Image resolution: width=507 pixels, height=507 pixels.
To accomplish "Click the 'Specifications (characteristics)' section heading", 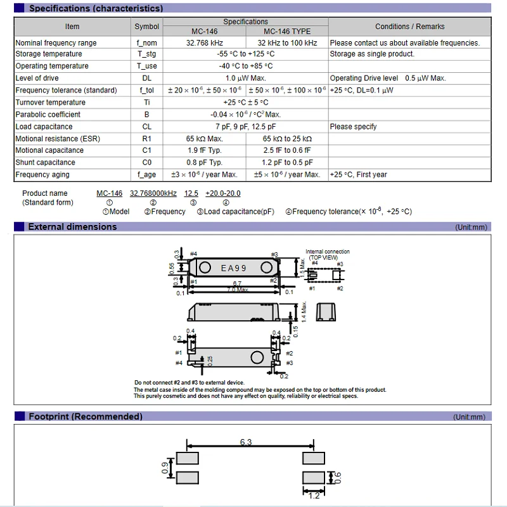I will coord(95,8).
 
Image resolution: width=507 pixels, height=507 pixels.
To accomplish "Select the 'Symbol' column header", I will coord(147,27).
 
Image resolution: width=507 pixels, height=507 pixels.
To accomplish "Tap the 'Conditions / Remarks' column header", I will coord(409,27).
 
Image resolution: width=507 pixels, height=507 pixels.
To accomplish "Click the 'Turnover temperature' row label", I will coord(50,103).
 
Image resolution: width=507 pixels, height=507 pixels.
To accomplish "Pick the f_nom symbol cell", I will coord(147,43).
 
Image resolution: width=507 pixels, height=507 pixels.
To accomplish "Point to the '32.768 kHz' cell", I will coord(205,43).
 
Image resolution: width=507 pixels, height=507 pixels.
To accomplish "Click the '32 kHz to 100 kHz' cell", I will coord(287,43).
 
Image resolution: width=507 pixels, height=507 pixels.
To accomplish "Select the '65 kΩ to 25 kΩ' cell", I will coord(287,139).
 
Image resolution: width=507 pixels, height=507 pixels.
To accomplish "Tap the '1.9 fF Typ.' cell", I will coord(205,151).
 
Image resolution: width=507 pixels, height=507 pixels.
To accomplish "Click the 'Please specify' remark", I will coord(353,127).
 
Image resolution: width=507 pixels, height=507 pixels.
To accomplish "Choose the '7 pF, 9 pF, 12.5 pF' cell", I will coord(246,127).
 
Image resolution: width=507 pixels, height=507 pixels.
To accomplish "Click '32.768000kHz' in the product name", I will coord(153,193).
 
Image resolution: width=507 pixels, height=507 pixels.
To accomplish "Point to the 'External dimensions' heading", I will coord(72,227).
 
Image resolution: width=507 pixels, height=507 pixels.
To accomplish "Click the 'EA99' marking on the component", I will coord(234,268).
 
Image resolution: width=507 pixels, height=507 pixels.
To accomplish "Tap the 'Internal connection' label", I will coord(328,252).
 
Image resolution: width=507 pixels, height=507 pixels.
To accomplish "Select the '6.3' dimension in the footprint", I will coord(246,442).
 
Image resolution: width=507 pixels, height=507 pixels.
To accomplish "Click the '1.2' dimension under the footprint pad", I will coord(313,495).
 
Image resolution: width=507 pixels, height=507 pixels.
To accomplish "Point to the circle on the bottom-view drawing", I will coord(257,356).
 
